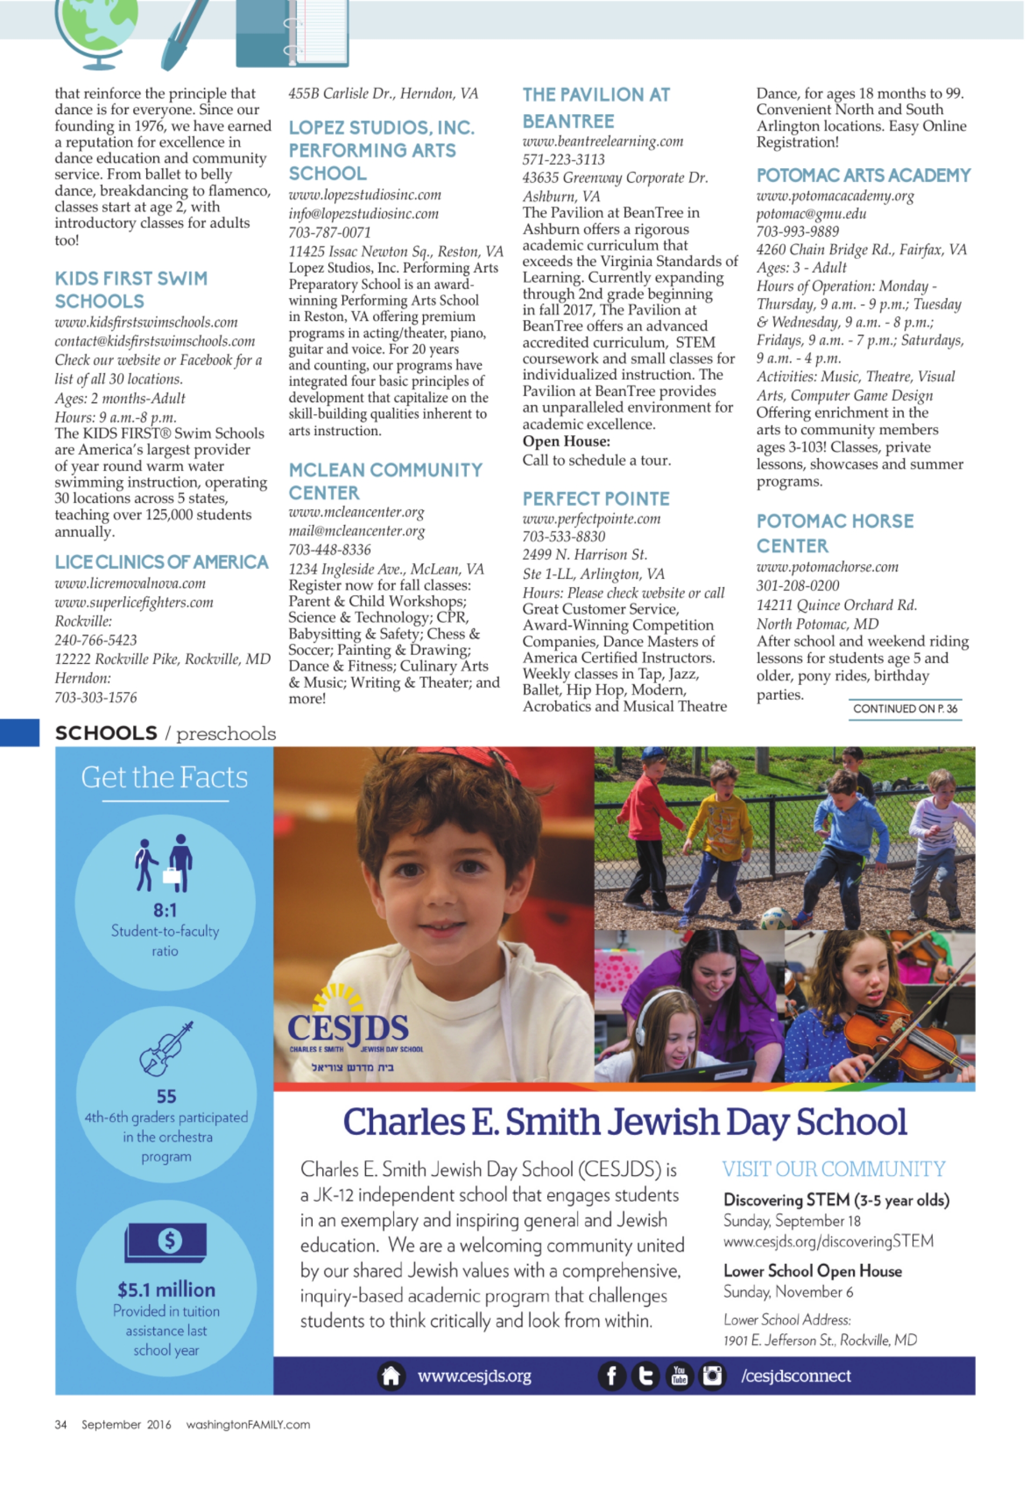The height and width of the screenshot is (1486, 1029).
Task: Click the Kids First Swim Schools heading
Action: click(x=131, y=290)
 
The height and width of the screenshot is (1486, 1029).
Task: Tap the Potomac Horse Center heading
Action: click(x=834, y=533)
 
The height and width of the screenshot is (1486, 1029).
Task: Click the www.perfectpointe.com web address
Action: click(x=591, y=519)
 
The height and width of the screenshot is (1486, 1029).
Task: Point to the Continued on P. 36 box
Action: click(x=905, y=708)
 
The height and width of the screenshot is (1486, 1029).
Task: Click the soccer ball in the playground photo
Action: click(x=775, y=917)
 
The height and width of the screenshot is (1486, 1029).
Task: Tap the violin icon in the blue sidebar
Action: click(x=166, y=1049)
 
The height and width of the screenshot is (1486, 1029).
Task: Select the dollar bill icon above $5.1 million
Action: click(x=166, y=1241)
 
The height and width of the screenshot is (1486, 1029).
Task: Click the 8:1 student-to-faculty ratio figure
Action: click(x=165, y=909)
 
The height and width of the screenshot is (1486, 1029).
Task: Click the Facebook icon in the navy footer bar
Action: click(x=611, y=1376)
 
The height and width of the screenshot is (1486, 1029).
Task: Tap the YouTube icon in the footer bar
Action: click(x=679, y=1376)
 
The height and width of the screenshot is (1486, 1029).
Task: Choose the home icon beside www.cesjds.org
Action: click(x=391, y=1376)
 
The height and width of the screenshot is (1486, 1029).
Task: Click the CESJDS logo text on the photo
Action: click(x=348, y=1028)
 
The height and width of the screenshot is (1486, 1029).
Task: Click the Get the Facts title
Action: click(x=164, y=778)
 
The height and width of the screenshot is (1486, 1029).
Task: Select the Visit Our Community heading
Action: click(x=833, y=1169)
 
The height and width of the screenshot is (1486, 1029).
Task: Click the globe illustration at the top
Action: click(x=97, y=26)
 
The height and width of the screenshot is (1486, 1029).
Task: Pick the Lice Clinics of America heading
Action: click(x=161, y=562)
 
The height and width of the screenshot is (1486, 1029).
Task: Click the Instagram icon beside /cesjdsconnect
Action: click(x=712, y=1376)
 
